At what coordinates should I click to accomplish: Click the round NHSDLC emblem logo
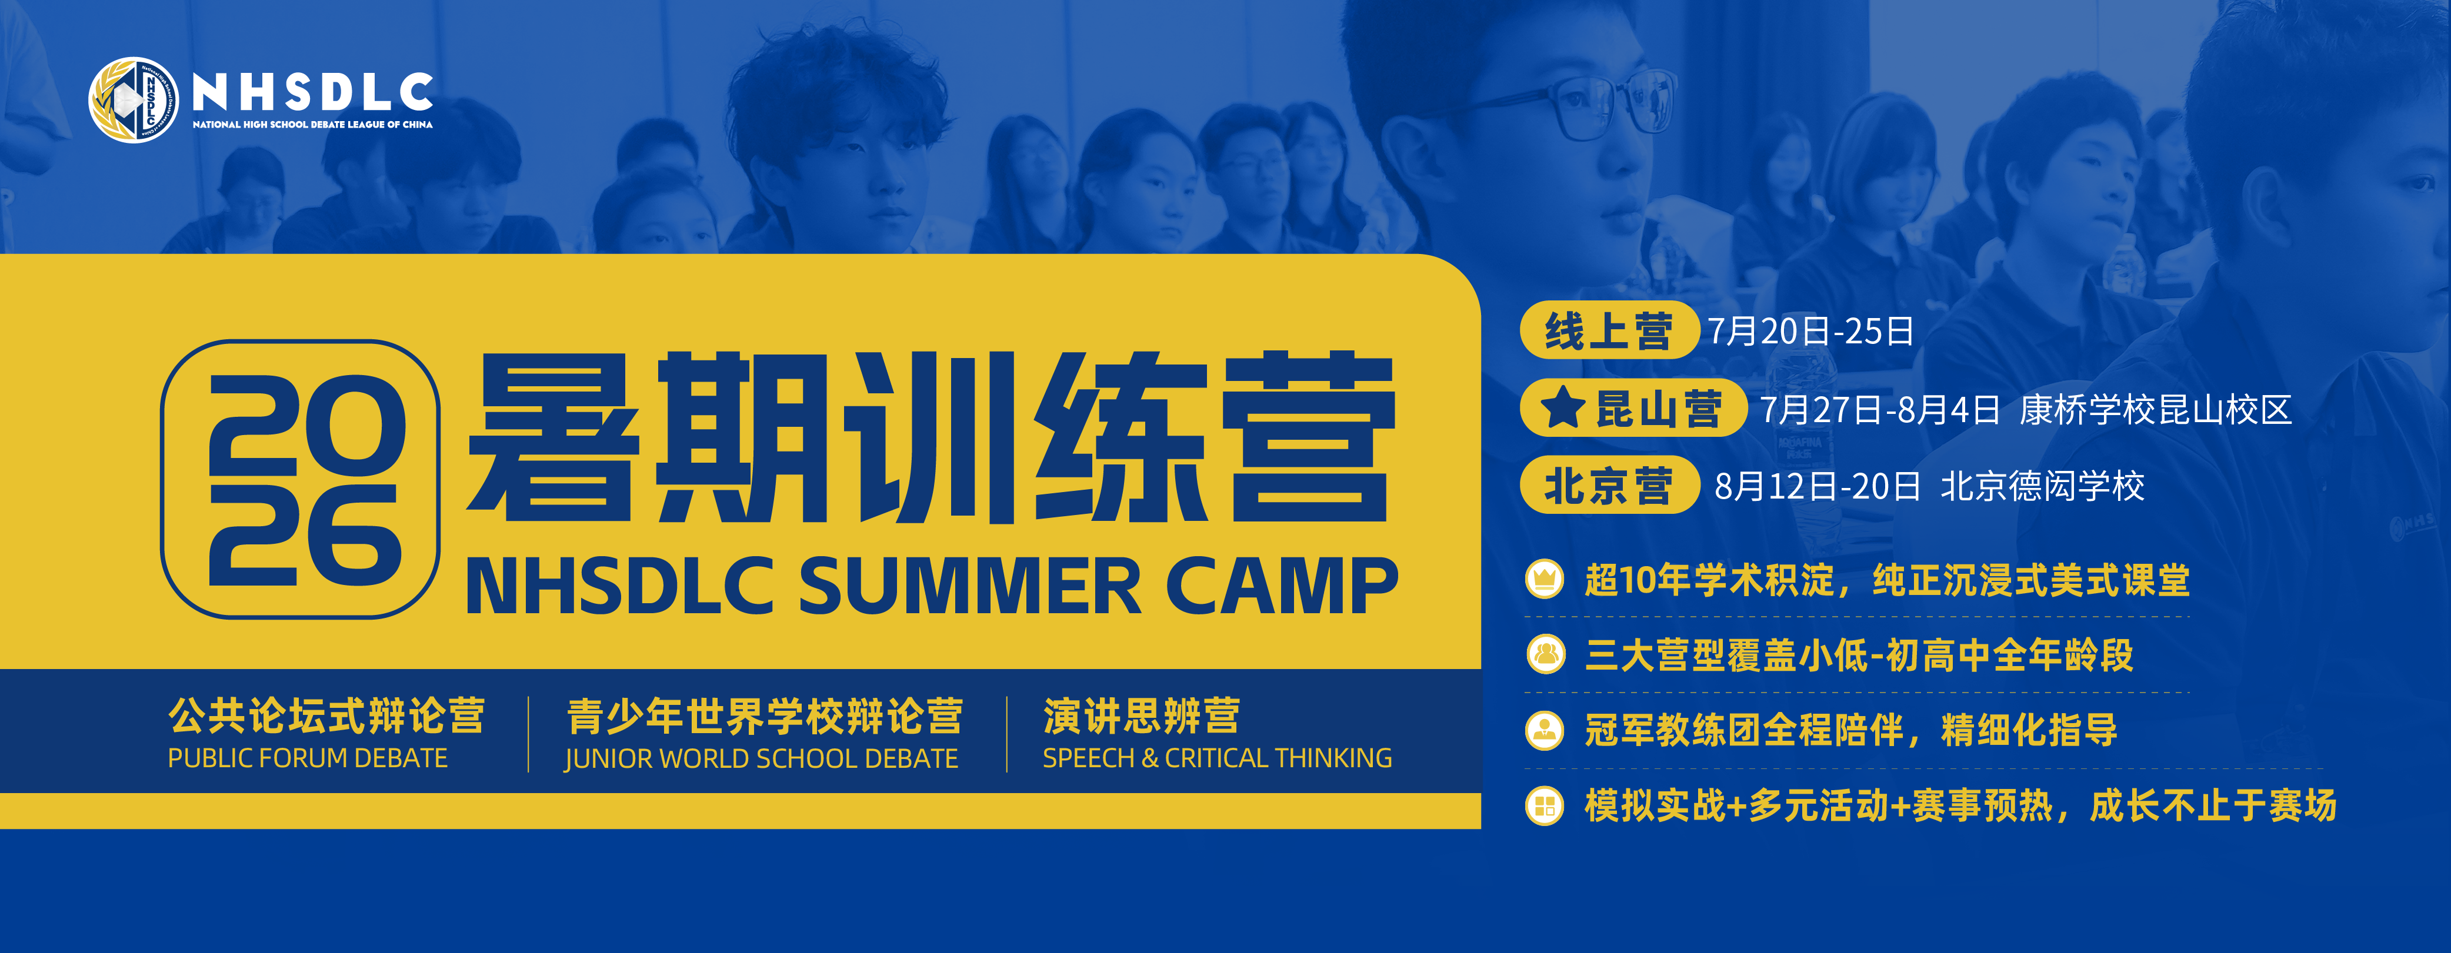point(133,100)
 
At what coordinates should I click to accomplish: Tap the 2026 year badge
point(300,479)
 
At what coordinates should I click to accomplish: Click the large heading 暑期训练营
point(932,437)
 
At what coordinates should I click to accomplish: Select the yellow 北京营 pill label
point(1609,485)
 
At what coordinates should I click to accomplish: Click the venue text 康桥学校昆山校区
point(2155,409)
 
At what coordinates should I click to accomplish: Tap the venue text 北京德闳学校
point(2043,486)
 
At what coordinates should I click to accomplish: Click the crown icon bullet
point(1544,579)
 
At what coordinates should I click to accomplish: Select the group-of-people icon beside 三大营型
point(1544,654)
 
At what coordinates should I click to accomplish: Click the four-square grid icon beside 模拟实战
point(1544,805)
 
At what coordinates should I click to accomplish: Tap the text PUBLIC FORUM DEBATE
point(307,758)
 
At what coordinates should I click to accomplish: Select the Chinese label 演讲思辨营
point(1142,716)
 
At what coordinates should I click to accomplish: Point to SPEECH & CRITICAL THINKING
point(1217,758)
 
